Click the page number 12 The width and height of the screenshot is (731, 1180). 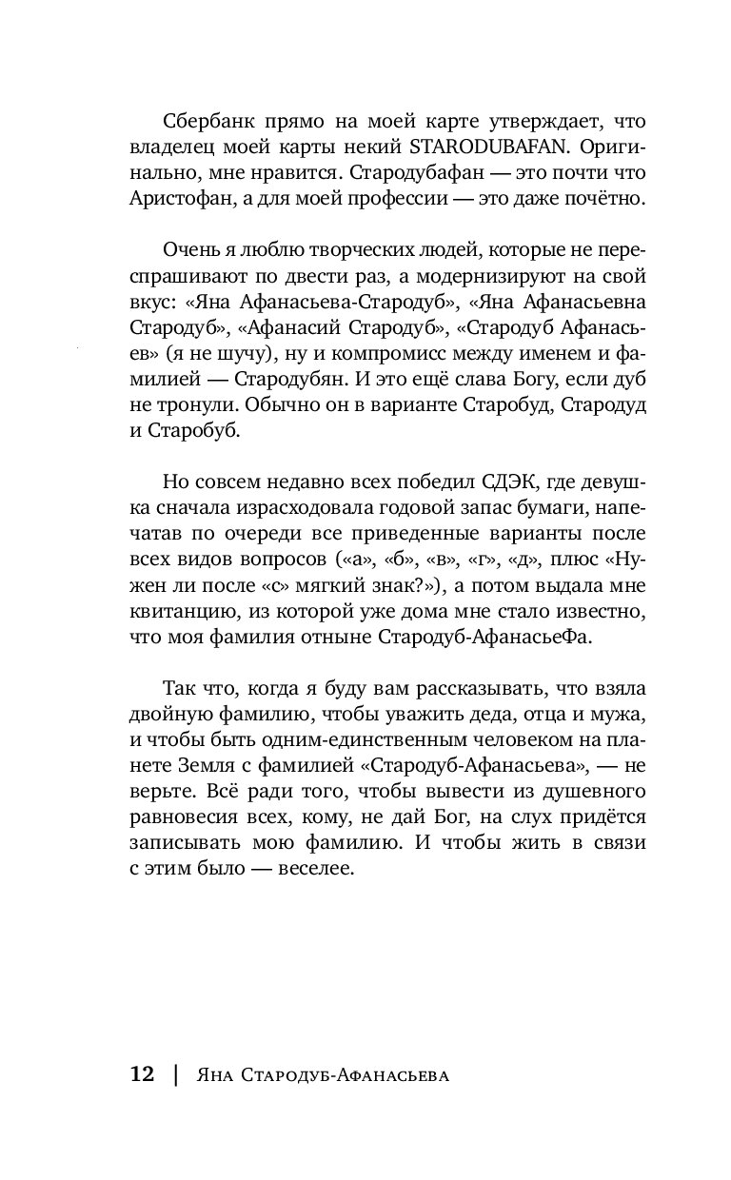142,1074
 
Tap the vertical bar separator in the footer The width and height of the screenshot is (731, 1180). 174,1075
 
